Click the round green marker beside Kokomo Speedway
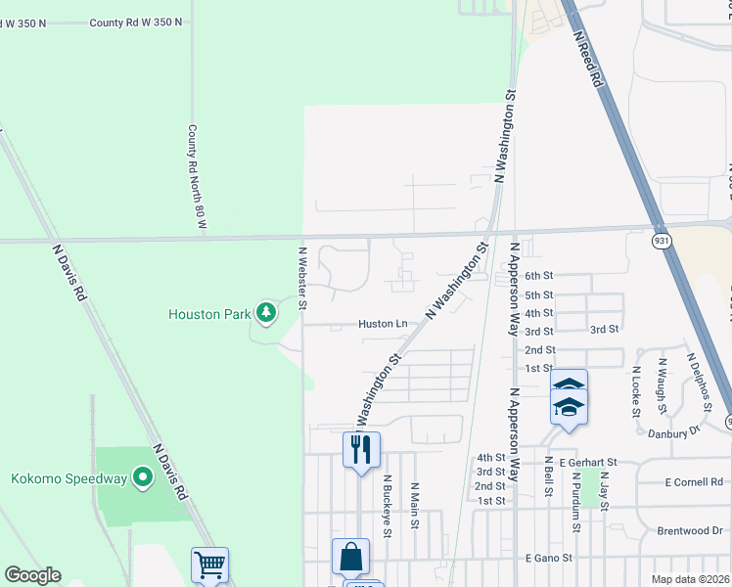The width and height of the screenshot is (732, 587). (x=144, y=478)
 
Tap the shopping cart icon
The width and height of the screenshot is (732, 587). (x=209, y=564)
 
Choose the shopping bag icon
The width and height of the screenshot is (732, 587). (x=350, y=557)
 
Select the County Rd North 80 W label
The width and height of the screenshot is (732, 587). (x=199, y=177)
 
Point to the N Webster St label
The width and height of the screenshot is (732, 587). (x=302, y=277)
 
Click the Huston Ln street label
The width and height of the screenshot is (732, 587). (x=383, y=323)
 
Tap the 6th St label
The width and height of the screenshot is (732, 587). (x=539, y=276)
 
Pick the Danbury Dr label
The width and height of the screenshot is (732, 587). (x=681, y=429)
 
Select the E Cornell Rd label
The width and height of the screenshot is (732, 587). (x=693, y=482)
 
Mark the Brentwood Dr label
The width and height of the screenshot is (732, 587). (x=689, y=530)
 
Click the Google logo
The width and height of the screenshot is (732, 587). (x=32, y=575)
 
